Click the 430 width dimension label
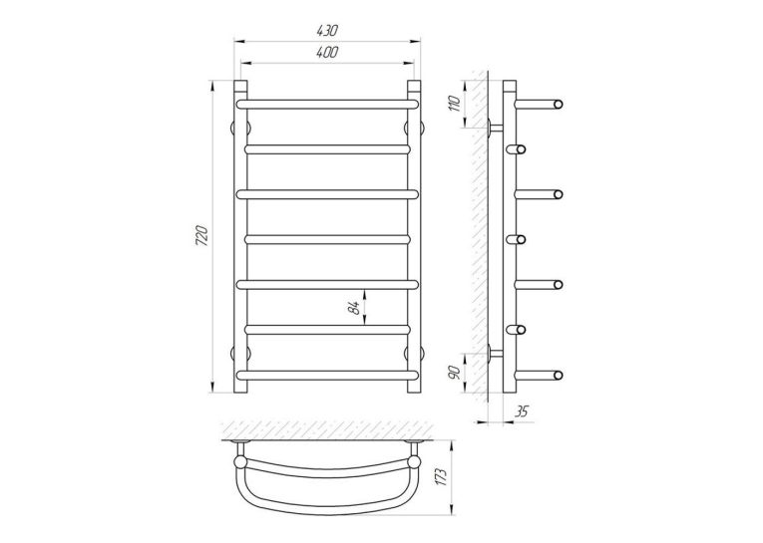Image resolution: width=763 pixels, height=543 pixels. [327, 31]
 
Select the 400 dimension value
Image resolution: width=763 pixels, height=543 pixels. [327, 52]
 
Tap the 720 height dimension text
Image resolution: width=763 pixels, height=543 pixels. [201, 236]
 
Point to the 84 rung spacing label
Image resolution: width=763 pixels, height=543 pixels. [357, 308]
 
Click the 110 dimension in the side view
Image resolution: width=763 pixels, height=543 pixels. [455, 104]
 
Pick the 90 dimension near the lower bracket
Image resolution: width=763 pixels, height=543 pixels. [455, 373]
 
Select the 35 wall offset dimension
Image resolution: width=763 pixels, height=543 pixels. [522, 411]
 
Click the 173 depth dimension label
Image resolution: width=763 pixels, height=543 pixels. [441, 477]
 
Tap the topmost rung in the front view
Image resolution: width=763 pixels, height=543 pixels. [327, 104]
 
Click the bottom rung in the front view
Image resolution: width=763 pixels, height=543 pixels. [327, 375]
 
